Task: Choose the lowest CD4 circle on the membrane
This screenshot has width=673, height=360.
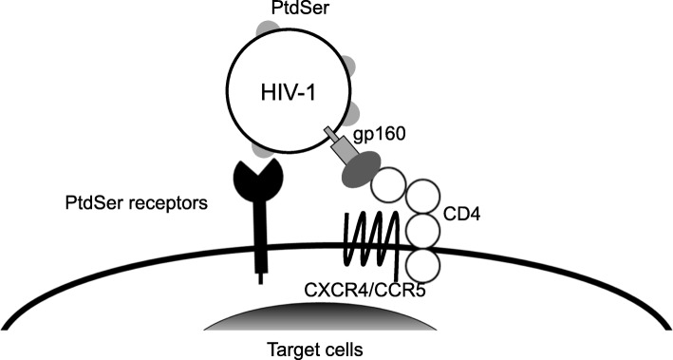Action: coord(426,261)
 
